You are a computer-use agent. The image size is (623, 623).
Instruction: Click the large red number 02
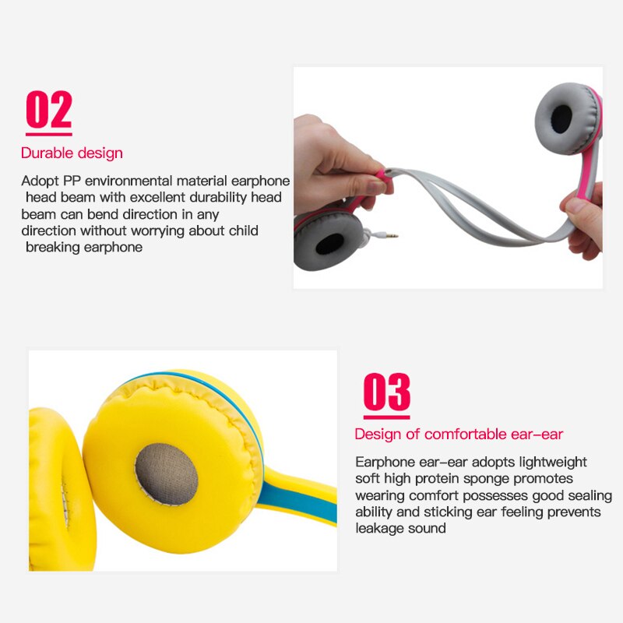click(x=49, y=109)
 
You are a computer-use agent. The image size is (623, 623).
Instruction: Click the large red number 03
click(x=386, y=392)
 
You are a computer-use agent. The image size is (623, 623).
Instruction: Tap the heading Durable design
click(x=72, y=153)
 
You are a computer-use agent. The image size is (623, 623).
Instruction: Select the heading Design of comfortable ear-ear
click(x=459, y=435)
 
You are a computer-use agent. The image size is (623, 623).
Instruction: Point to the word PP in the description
click(x=72, y=181)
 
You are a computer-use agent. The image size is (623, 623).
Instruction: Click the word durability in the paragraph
click(x=218, y=198)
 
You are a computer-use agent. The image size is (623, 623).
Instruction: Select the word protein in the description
click(x=437, y=479)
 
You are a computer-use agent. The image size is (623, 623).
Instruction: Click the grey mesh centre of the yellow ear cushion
click(x=167, y=474)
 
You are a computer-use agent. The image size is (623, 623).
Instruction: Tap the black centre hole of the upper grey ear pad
click(x=561, y=119)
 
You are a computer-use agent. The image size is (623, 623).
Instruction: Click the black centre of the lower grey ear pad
click(x=329, y=244)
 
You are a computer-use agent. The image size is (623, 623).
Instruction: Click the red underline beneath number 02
click(x=49, y=134)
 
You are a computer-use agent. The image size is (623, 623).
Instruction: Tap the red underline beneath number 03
click(x=386, y=417)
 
